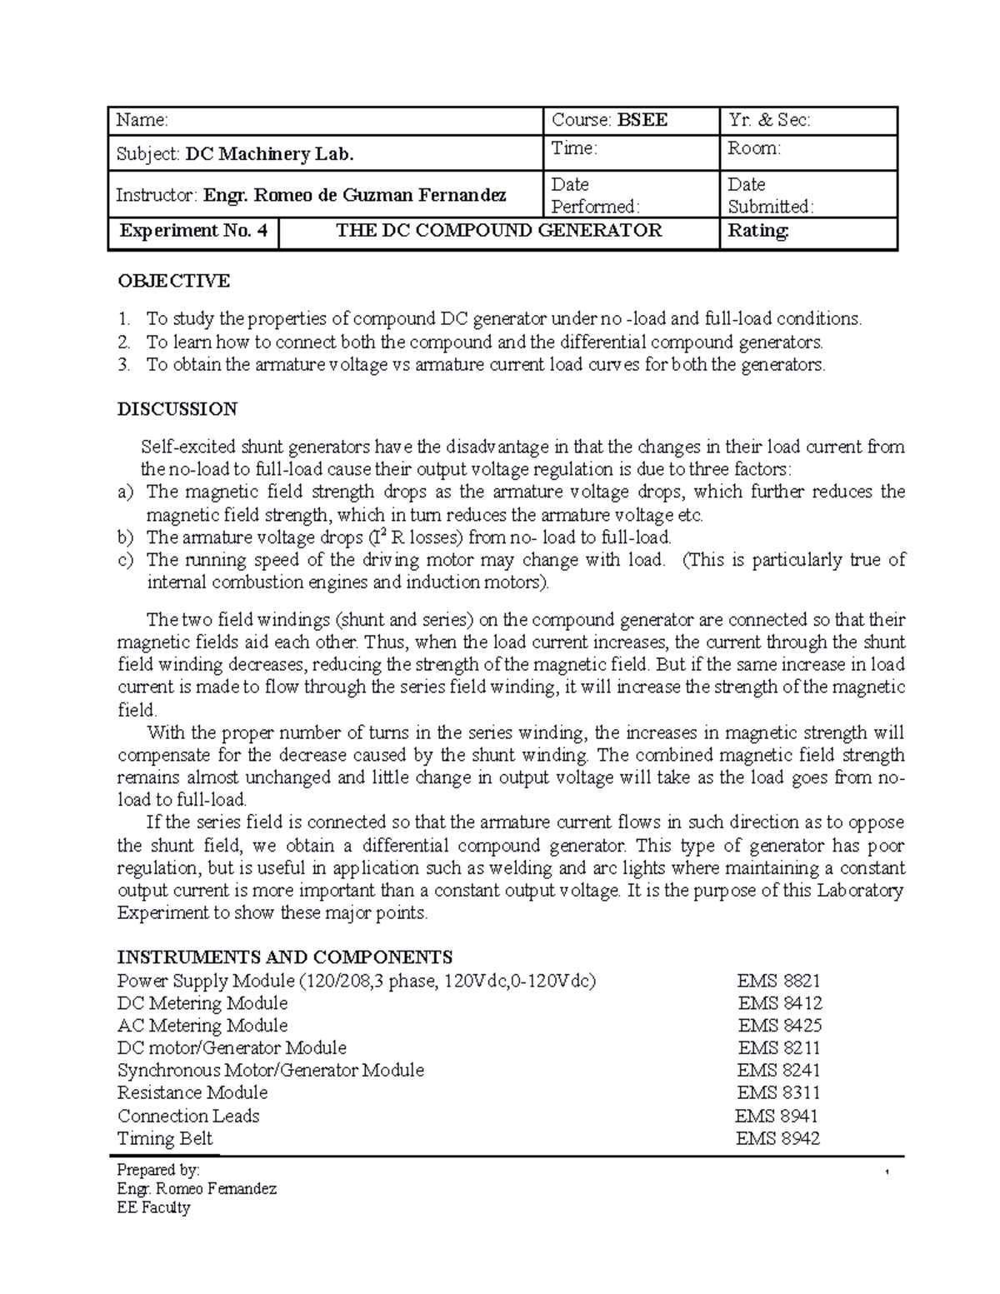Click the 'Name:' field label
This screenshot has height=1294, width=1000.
pyautogui.click(x=142, y=121)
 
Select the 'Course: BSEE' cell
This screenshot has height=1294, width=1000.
pyautogui.click(x=609, y=121)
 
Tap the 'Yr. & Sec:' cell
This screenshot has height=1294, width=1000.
pyautogui.click(x=768, y=121)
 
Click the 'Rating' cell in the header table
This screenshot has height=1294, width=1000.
pyautogui.click(x=758, y=231)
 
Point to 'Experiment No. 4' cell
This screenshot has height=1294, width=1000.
pyautogui.click(x=193, y=231)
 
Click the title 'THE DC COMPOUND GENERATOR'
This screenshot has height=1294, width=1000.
pyautogui.click(x=498, y=231)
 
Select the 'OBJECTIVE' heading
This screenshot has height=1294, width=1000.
pyautogui.click(x=173, y=281)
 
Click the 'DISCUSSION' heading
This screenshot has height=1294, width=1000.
pyautogui.click(x=177, y=409)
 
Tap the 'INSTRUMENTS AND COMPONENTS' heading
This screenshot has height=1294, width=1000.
pyautogui.click(x=285, y=957)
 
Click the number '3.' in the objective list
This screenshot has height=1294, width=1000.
pyautogui.click(x=124, y=364)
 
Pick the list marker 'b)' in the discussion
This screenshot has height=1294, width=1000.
pyautogui.click(x=125, y=537)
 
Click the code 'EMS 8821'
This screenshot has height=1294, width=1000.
pyautogui.click(x=778, y=981)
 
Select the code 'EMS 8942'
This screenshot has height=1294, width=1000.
pyautogui.click(x=777, y=1138)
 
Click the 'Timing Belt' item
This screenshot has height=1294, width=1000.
pyautogui.click(x=165, y=1138)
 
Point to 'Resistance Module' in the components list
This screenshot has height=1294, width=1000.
pyautogui.click(x=192, y=1092)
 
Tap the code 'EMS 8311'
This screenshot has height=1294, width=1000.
pyautogui.click(x=778, y=1092)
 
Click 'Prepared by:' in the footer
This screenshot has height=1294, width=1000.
pyautogui.click(x=158, y=1170)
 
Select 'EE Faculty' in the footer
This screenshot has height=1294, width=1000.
pyautogui.click(x=154, y=1207)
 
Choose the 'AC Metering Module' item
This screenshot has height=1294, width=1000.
pyautogui.click(x=202, y=1026)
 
